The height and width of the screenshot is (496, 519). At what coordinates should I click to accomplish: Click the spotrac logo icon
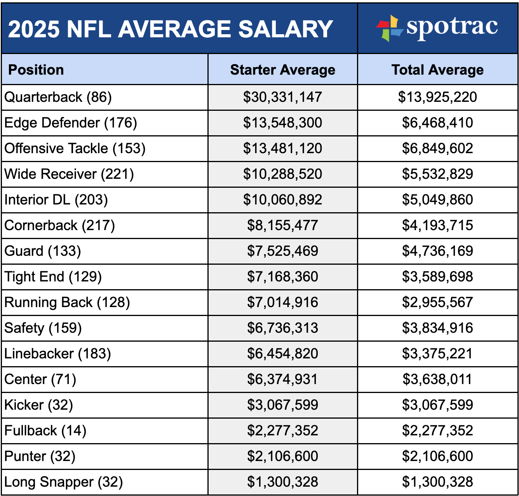coord(390,28)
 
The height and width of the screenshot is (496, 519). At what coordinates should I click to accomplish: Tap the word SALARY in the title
coord(286,29)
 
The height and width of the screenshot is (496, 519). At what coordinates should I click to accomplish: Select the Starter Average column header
coord(282,70)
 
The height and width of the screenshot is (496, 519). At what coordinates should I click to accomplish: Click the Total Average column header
coord(437,70)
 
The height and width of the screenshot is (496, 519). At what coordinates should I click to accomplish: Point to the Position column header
coord(36,70)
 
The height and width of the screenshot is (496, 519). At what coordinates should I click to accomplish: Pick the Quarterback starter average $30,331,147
coord(282,97)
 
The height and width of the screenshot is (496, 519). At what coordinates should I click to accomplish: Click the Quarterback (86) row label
coord(58,97)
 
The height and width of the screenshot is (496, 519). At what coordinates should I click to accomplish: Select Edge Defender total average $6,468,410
coord(437,123)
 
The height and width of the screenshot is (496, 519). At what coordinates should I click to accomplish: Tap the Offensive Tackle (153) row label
coord(75,148)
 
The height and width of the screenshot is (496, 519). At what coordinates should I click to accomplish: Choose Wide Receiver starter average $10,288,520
coord(282,174)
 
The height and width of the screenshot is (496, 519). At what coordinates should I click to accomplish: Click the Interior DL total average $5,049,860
coord(437,200)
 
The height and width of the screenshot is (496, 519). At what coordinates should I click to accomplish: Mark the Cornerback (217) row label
coord(59,225)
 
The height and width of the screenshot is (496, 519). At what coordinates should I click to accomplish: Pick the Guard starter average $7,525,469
coord(282,251)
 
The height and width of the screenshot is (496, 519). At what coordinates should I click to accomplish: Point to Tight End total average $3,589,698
coord(437,277)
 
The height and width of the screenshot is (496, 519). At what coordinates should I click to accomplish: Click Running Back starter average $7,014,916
coord(282,302)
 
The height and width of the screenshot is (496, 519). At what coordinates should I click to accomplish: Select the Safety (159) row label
coord(43,328)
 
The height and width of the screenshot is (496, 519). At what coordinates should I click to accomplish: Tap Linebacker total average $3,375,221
coord(437,354)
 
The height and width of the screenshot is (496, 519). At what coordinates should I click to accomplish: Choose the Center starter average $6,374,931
coord(282,379)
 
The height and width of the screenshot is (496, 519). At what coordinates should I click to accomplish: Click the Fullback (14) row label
coord(45,431)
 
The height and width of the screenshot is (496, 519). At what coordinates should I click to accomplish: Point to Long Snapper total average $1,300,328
coord(437,482)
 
